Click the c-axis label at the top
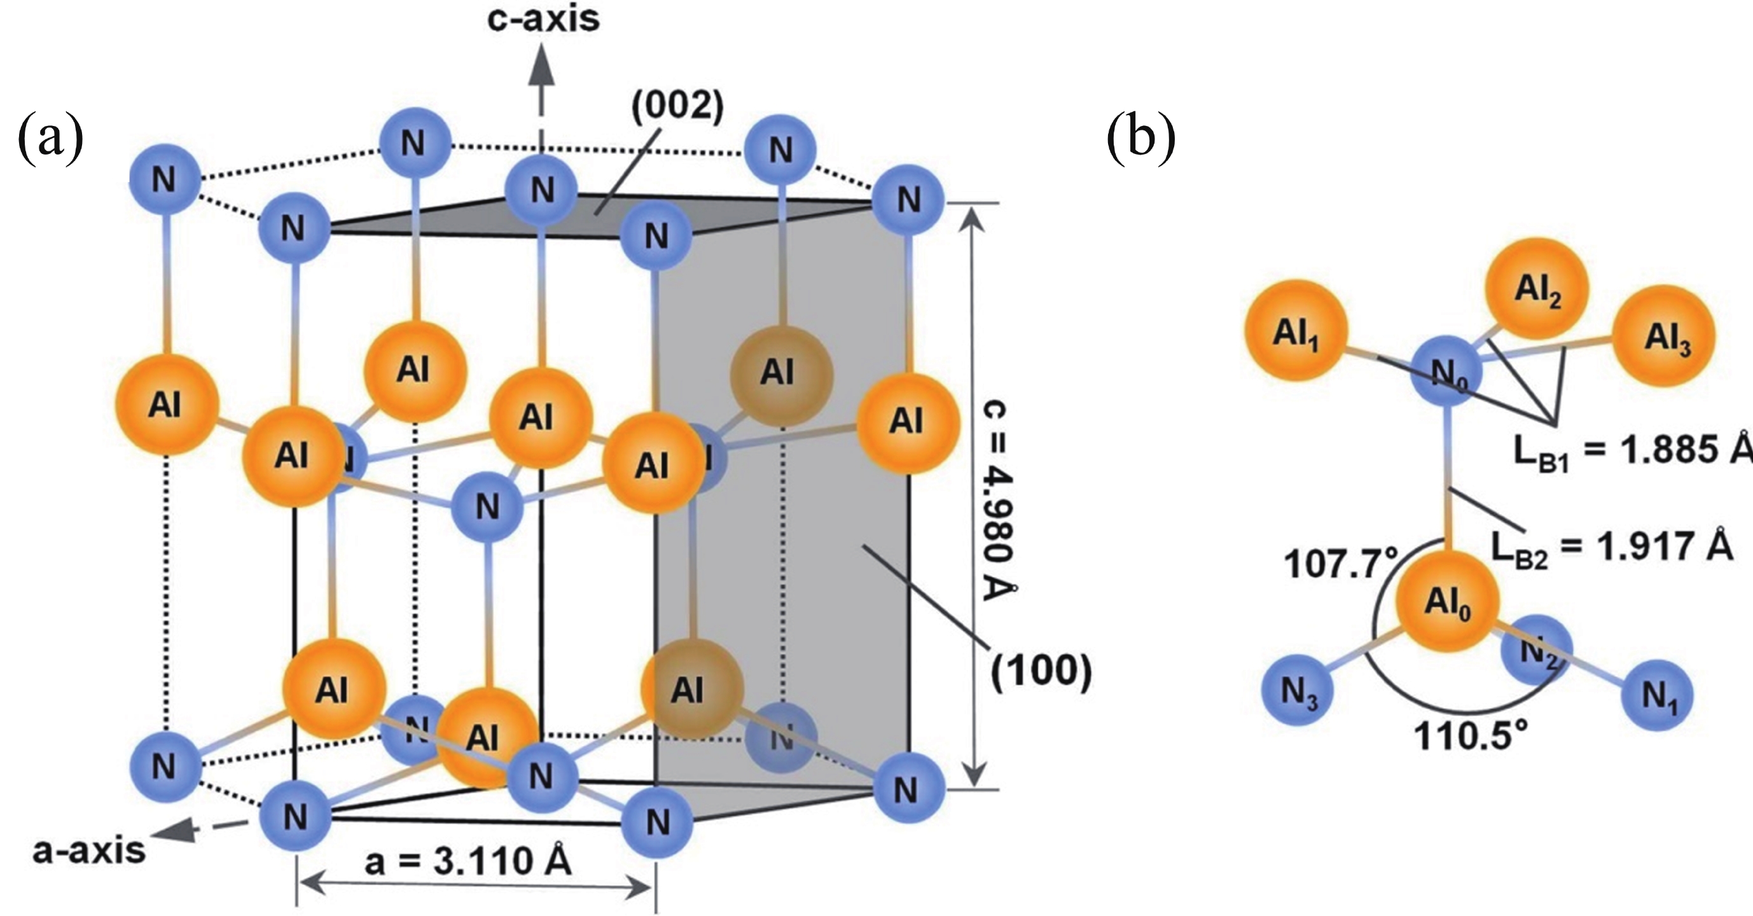pos(543,19)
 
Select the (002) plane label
pos(678,107)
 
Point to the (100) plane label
pos(1041,672)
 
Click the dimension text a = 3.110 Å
pos(468,862)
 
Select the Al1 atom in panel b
pos(1296,331)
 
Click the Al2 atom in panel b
pos(1537,288)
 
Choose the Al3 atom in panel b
pos(1665,335)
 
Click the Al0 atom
pos(1448,602)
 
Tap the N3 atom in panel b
pos(1298,691)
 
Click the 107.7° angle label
pos(1338,564)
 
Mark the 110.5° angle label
pos(1471,735)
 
